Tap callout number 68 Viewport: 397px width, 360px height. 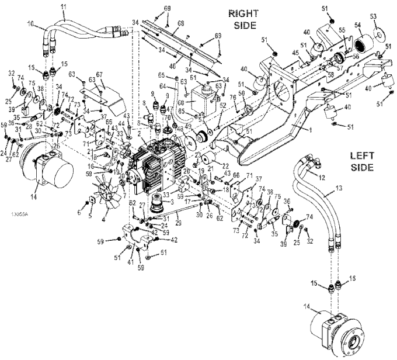tap(181, 23)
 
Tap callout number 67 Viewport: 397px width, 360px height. tap(99, 74)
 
